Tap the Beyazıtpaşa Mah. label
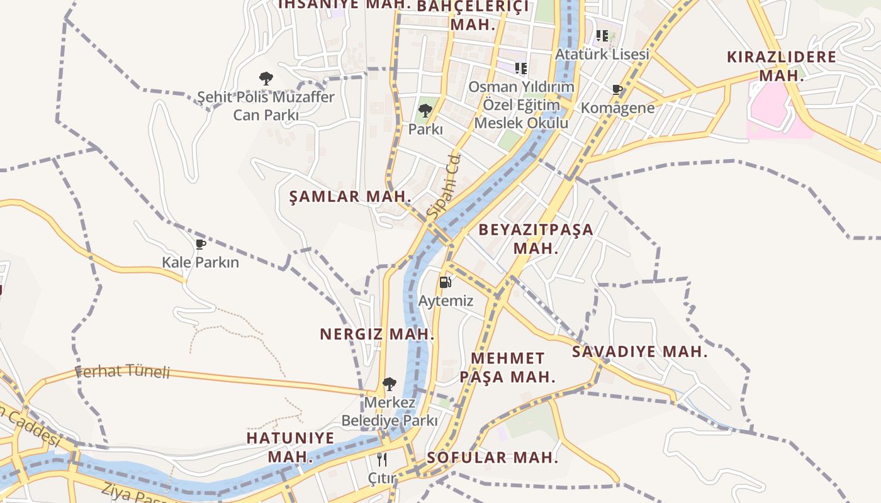point(536,238)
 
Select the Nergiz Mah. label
point(377,334)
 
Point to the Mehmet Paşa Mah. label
point(507,368)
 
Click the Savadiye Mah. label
point(639,351)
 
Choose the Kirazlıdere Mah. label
point(782,66)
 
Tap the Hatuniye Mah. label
point(290,447)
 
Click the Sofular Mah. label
point(492,457)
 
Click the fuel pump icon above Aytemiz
point(445,282)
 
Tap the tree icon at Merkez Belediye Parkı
point(390,384)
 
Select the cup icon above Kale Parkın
point(201,244)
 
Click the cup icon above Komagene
point(617,90)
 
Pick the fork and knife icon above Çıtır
point(381,460)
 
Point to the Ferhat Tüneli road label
point(123,372)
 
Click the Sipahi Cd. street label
point(444,186)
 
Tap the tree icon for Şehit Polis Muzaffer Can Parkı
point(266,79)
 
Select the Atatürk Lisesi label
point(602,54)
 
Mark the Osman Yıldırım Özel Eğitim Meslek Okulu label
point(521,104)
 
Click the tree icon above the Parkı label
point(425,111)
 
